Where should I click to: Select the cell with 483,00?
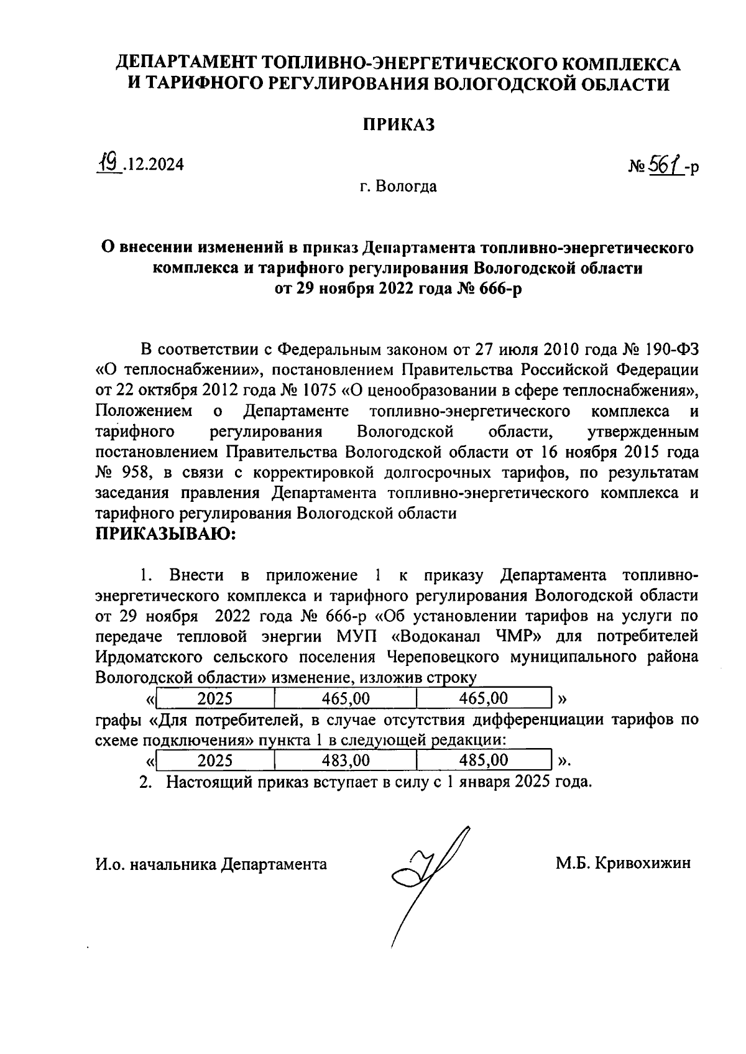click(345, 760)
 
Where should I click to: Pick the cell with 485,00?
click(483, 760)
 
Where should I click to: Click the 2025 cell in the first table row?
click(215, 698)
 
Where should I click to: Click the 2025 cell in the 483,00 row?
click(215, 760)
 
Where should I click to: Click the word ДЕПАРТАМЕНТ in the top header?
click(188, 64)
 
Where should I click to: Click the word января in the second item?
click(482, 782)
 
